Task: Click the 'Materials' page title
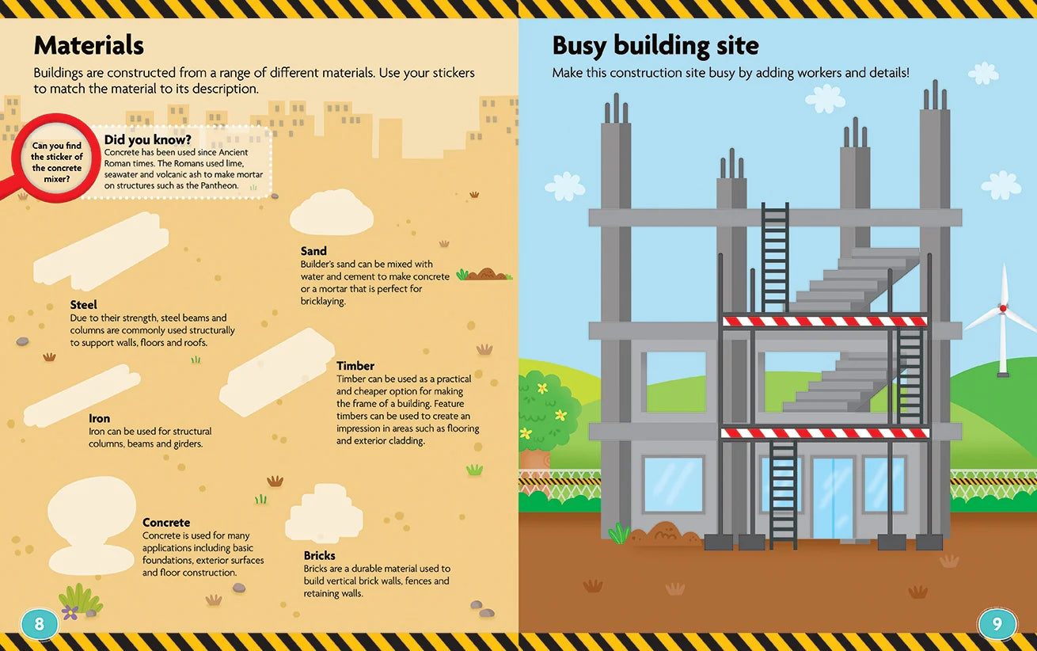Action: (x=89, y=45)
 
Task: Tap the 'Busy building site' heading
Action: (x=655, y=46)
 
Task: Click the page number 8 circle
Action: (x=40, y=624)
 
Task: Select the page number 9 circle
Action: (x=997, y=624)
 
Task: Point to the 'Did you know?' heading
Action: (x=148, y=139)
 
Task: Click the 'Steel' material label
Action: (x=83, y=305)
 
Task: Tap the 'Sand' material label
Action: (x=313, y=251)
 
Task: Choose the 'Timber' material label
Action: (x=355, y=366)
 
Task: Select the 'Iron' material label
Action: (x=99, y=419)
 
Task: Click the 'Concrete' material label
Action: (x=166, y=522)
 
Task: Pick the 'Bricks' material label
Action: (x=320, y=556)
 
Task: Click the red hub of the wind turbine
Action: (x=1003, y=308)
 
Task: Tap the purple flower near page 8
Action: (x=70, y=612)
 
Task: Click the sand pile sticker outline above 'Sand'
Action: (x=332, y=212)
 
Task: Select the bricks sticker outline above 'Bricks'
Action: (x=324, y=513)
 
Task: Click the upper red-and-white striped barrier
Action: (x=825, y=321)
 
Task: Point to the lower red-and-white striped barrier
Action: (x=825, y=433)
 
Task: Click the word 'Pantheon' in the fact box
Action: (x=219, y=185)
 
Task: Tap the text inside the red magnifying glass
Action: (x=56, y=162)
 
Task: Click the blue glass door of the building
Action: (x=833, y=497)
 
